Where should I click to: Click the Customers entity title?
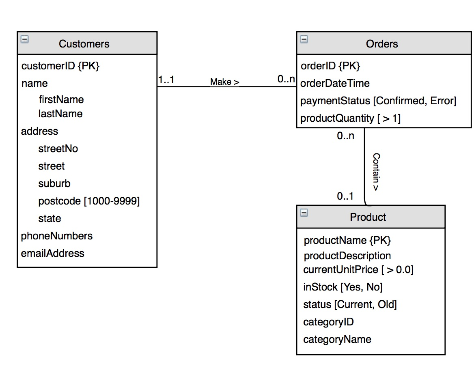coord(84,44)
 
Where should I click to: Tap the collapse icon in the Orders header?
coord(304,39)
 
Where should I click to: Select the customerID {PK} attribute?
coord(60,66)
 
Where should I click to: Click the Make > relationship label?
coord(224,82)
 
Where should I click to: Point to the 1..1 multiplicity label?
coord(166,80)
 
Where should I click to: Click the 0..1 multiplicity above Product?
coord(345,196)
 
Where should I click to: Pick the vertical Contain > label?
coord(376,172)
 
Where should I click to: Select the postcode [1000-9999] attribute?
coord(89,201)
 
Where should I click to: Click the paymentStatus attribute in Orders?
coord(378,101)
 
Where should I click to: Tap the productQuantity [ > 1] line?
coord(350,118)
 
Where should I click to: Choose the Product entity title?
coord(368,217)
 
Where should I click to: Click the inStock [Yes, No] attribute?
coord(343,287)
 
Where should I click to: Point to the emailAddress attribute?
coord(53,254)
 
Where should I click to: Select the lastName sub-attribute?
coord(60,114)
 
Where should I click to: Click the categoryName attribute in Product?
coord(337,339)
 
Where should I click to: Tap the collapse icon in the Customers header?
coord(24,39)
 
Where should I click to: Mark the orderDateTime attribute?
coord(335,84)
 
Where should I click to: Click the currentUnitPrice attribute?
coord(358,270)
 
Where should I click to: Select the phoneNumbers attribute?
coord(57,236)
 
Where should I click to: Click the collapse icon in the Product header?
coord(304,212)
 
